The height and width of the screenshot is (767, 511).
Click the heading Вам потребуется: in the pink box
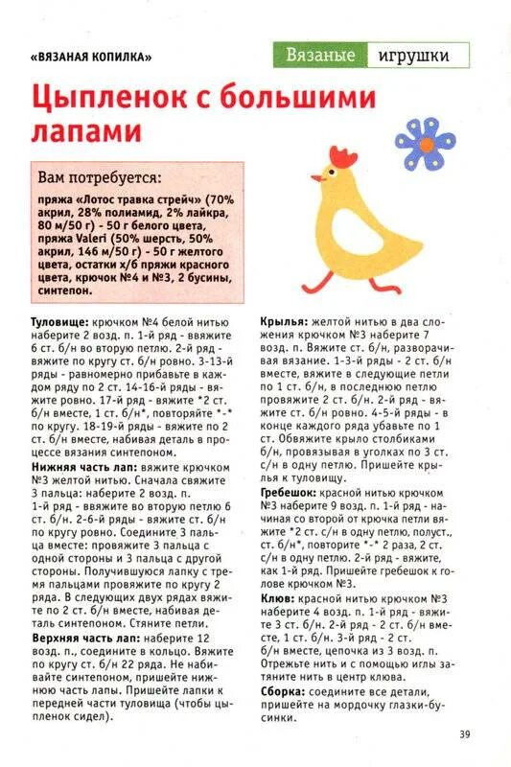(x=100, y=177)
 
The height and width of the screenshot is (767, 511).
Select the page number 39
(x=463, y=734)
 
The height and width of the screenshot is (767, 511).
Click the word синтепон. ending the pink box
(x=63, y=286)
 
